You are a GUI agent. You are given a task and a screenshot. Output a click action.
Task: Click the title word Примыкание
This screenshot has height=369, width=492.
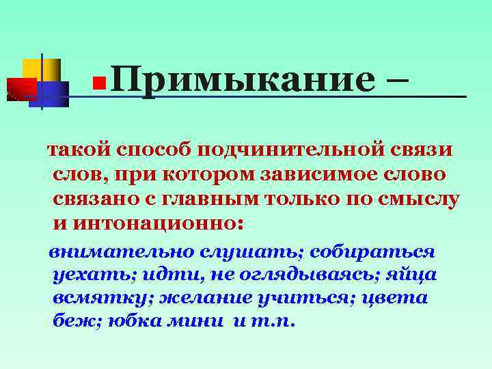coord(242,81)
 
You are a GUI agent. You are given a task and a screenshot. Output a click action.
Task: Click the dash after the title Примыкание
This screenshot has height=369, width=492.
coord(393,81)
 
